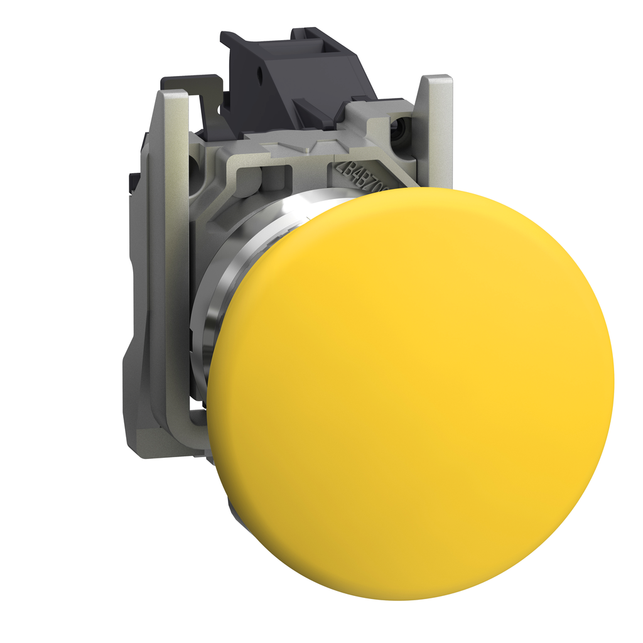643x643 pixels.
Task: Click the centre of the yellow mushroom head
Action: click(x=411, y=394)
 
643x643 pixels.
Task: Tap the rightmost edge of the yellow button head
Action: click(x=613, y=377)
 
